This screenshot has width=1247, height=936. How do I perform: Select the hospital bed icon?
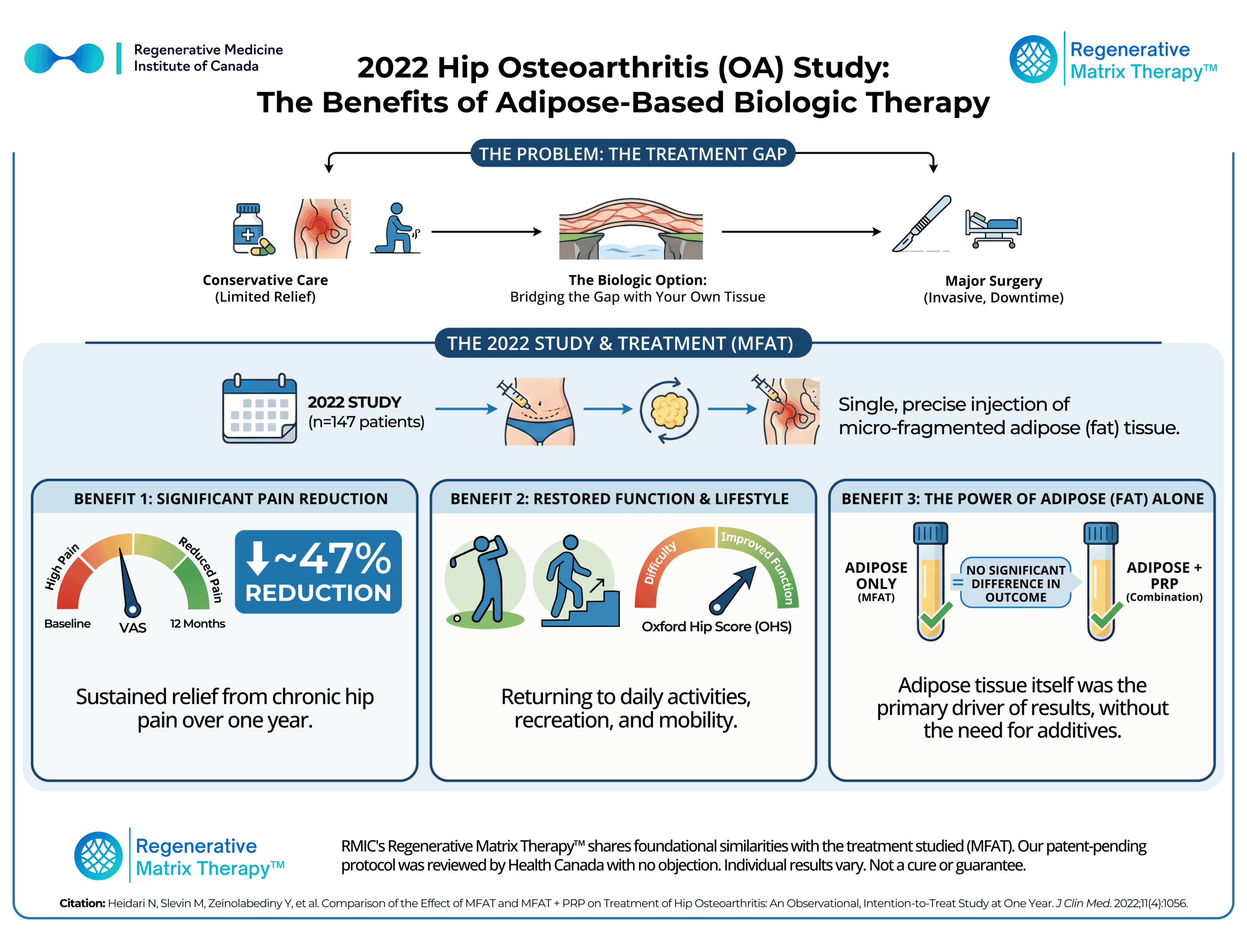(x=993, y=229)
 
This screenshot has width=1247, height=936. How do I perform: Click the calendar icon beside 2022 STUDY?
(x=259, y=409)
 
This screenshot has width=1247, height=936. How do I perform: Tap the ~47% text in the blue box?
(x=333, y=559)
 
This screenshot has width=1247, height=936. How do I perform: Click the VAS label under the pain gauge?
(x=132, y=627)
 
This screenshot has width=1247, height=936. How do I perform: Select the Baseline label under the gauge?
(x=67, y=624)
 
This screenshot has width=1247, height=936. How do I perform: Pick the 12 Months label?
(x=197, y=624)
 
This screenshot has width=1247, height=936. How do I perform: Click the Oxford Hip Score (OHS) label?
(x=716, y=626)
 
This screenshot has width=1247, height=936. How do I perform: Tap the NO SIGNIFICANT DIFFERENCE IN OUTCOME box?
(x=1015, y=584)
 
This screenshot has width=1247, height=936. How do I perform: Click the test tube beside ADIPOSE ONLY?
(x=931, y=581)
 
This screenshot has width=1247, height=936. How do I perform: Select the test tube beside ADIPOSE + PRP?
(x=1100, y=581)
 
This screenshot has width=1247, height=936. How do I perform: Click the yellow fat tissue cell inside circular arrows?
(x=669, y=411)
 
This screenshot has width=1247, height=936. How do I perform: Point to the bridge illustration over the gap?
(x=631, y=229)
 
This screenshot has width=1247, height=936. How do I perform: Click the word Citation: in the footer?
(x=82, y=903)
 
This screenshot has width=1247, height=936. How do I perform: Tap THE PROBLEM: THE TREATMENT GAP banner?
(x=633, y=154)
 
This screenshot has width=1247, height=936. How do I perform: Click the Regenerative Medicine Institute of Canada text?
(x=208, y=58)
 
